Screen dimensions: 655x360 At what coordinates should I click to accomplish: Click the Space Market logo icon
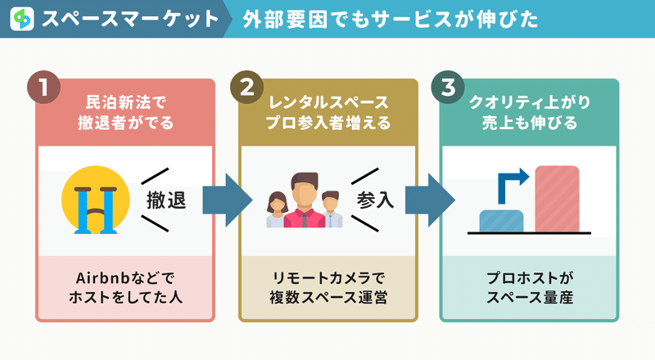tap(22, 19)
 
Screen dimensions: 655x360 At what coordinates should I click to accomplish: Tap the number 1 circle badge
tap(43, 88)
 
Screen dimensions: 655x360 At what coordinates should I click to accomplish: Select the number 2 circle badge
tap(247, 88)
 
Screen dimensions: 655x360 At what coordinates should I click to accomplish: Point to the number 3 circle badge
tap(448, 88)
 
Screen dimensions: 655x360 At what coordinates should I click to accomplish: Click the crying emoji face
tap(95, 200)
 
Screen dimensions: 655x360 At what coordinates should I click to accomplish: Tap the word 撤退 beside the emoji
tap(166, 200)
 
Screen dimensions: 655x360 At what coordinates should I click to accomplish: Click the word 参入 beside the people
tap(375, 200)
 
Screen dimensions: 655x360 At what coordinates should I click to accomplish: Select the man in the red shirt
tap(305, 200)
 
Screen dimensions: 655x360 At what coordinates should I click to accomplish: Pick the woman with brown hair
tap(277, 209)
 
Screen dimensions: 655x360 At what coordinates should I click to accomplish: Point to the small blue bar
tap(501, 221)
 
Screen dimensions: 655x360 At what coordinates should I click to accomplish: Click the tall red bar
tap(557, 199)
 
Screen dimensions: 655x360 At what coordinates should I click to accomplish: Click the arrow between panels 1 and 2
tap(228, 200)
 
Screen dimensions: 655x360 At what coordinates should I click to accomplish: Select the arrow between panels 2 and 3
tap(431, 200)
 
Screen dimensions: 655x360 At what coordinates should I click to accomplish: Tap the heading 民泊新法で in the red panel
tap(125, 102)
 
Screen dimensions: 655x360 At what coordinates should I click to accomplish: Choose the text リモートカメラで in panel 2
tap(328, 277)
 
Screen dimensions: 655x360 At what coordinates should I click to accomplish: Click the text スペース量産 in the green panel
tap(530, 297)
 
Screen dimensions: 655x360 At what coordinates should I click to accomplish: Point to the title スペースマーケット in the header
tap(130, 19)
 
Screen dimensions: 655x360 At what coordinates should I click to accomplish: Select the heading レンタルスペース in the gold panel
tap(328, 102)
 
